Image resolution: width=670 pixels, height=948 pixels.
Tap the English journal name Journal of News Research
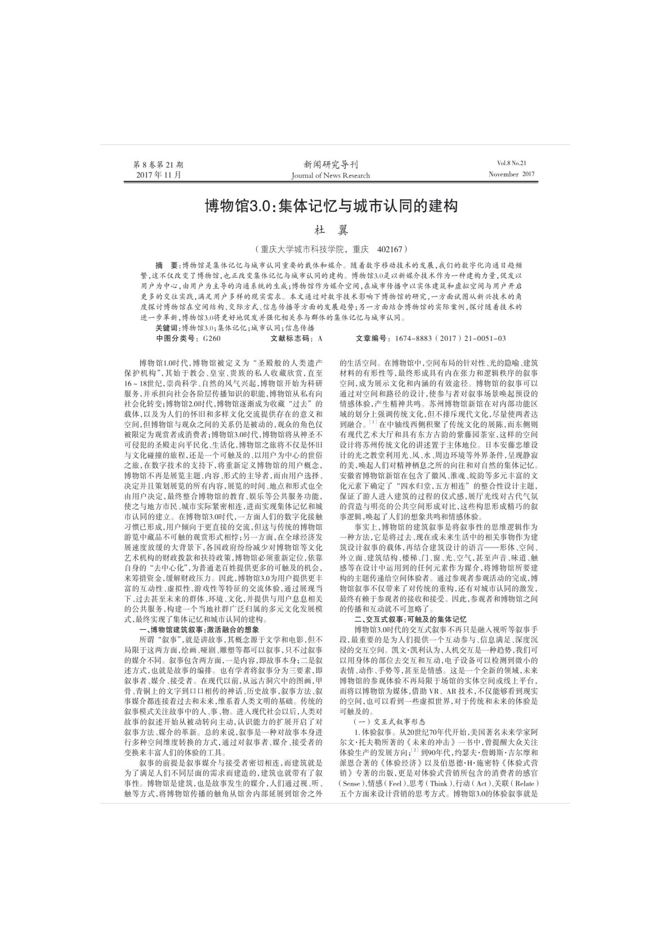coord(330,175)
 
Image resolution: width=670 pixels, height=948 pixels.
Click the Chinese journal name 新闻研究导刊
coord(330,164)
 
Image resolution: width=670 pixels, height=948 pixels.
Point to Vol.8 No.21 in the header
coord(511,163)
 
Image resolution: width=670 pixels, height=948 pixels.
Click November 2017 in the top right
coord(511,174)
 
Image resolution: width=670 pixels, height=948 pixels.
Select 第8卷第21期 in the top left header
coord(158,164)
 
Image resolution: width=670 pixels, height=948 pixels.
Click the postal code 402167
coord(391,248)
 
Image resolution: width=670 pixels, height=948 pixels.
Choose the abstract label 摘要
coord(168,265)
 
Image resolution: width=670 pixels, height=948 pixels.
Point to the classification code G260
coord(212,338)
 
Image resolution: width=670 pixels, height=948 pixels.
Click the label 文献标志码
coord(291,338)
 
